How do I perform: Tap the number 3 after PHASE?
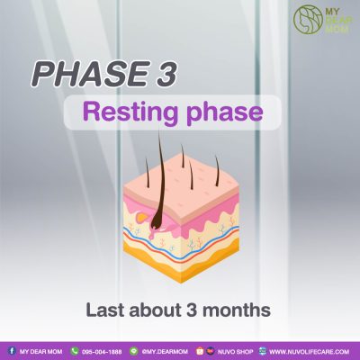pyautogui.click(x=164, y=75)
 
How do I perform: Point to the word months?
pyautogui.click(x=237, y=310)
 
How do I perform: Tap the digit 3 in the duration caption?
pyautogui.click(x=192, y=310)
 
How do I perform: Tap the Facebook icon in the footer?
pyautogui.click(x=12, y=351)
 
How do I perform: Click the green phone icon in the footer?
pyautogui.click(x=74, y=351)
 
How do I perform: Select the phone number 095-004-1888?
pyautogui.click(x=102, y=352)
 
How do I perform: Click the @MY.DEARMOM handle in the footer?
pyautogui.click(x=165, y=352)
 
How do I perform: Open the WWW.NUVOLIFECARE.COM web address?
pyautogui.click(x=310, y=352)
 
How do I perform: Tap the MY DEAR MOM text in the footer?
pyautogui.click(x=41, y=352)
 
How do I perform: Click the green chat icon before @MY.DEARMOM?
pyautogui.click(x=134, y=351)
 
